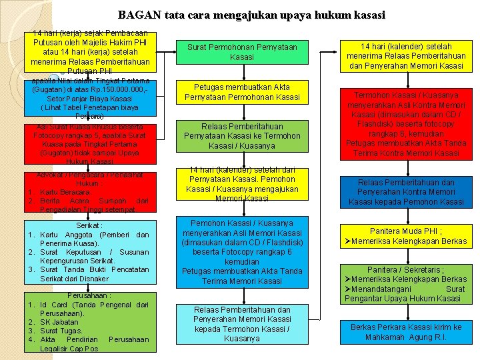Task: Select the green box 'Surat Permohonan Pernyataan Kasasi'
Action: pos(242,52)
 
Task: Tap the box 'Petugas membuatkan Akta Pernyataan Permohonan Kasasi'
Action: pos(242,92)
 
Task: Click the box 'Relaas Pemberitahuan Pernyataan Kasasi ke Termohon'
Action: pos(242,136)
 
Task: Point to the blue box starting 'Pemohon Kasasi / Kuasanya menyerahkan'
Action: pos(242,252)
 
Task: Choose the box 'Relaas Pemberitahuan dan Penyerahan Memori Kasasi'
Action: pos(242,324)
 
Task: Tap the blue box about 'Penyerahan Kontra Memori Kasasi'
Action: pos(406,192)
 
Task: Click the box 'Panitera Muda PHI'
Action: pos(406,236)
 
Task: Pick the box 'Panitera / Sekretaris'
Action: pos(406,284)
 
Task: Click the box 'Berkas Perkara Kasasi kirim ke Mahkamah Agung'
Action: pos(406,332)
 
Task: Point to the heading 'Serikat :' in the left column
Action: pos(89,226)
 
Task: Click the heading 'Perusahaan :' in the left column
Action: pos(89,295)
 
